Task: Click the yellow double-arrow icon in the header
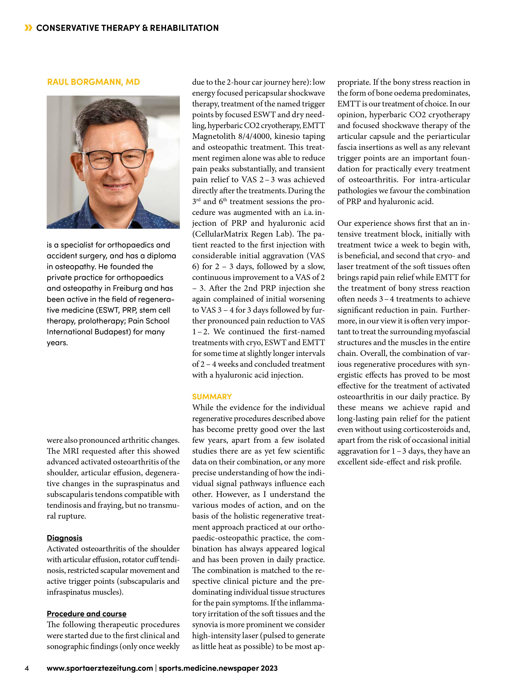click(28, 28)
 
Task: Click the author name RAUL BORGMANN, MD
click(94, 82)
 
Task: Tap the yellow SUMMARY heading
click(212, 397)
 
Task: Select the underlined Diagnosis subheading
click(65, 538)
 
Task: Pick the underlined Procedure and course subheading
click(87, 614)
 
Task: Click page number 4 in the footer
click(27, 668)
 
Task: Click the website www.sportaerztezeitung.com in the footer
click(100, 668)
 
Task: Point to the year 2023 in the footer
click(269, 668)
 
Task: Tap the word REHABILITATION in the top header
click(184, 28)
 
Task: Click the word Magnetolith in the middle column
click(214, 136)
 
